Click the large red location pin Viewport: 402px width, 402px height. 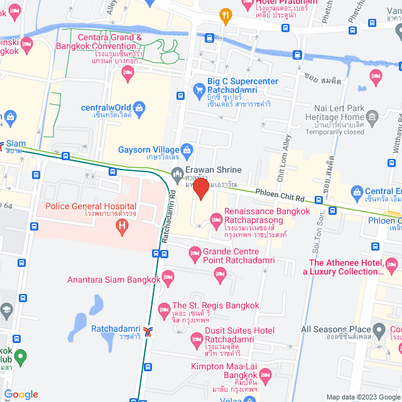(x=201, y=188)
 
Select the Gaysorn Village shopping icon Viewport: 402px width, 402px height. (x=187, y=149)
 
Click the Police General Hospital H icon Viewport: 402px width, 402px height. (x=121, y=226)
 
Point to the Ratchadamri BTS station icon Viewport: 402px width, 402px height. (x=148, y=330)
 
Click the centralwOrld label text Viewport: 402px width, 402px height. (x=106, y=107)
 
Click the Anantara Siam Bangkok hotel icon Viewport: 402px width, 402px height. (x=168, y=276)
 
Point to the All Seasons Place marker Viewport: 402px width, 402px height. (x=379, y=329)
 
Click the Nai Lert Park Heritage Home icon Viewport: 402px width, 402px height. (x=372, y=116)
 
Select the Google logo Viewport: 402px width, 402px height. (x=21, y=394)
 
